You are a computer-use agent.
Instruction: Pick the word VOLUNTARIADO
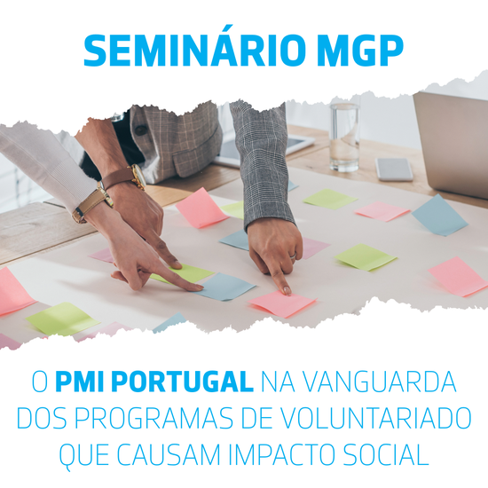(x=377, y=419)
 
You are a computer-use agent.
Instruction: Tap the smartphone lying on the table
(x=394, y=169)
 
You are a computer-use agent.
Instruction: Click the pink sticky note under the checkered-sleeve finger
(x=283, y=303)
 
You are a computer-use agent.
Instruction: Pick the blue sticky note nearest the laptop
(x=439, y=215)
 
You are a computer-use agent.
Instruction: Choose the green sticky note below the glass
(x=329, y=199)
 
